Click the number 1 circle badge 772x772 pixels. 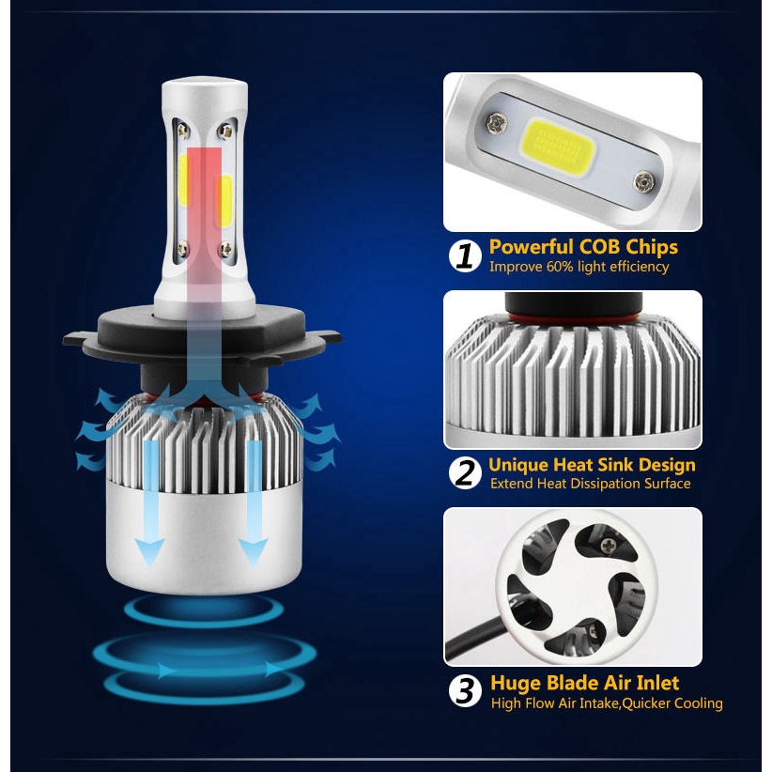(465, 256)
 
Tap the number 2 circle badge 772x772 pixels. (465, 473)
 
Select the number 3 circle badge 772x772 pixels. (465, 691)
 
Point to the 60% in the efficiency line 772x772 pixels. (560, 267)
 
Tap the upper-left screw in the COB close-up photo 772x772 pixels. (496, 124)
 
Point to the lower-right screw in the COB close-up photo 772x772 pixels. (644, 182)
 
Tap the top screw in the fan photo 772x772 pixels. (609, 545)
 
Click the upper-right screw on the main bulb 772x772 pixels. (226, 131)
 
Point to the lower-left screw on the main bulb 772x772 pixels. (183, 249)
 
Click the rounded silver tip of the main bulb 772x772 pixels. (205, 88)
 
